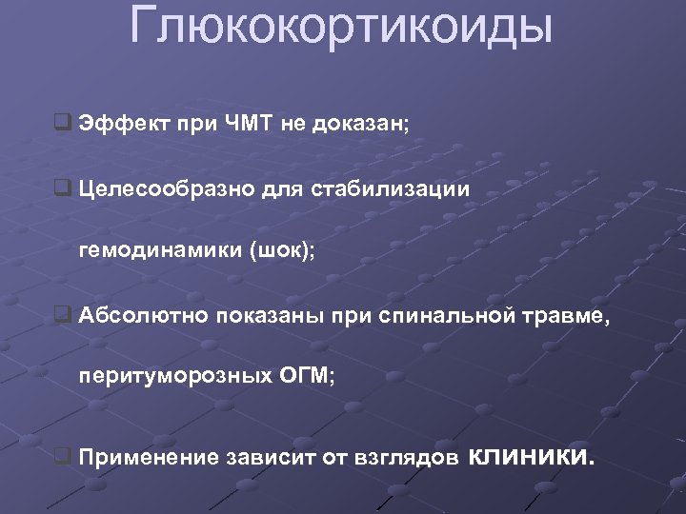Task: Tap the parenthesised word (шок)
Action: click(283, 252)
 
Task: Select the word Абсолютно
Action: click(133, 316)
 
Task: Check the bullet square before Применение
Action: click(63, 457)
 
